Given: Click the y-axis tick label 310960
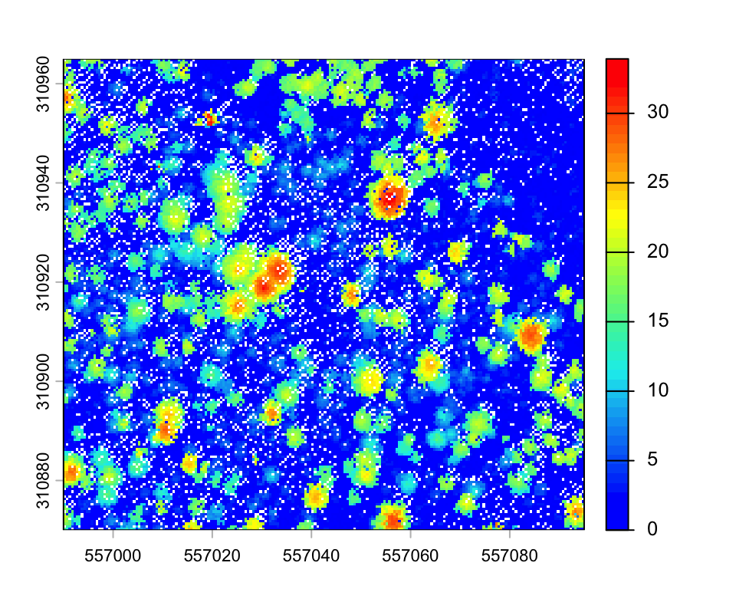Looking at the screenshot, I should click(44, 84).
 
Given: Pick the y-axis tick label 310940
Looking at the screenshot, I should click(44, 183).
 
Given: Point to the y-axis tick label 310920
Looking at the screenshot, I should click(44, 282).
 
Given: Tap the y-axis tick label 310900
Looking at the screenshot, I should click(44, 382).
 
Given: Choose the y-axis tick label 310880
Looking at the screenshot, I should click(44, 481).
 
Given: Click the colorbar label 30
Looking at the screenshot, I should click(657, 112).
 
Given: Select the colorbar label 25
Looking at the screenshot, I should click(657, 182).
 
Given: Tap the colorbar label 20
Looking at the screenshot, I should click(657, 251).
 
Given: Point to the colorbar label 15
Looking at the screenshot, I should click(657, 321).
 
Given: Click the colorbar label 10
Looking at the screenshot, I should click(657, 390).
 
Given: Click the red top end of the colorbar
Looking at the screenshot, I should click(616, 63).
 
